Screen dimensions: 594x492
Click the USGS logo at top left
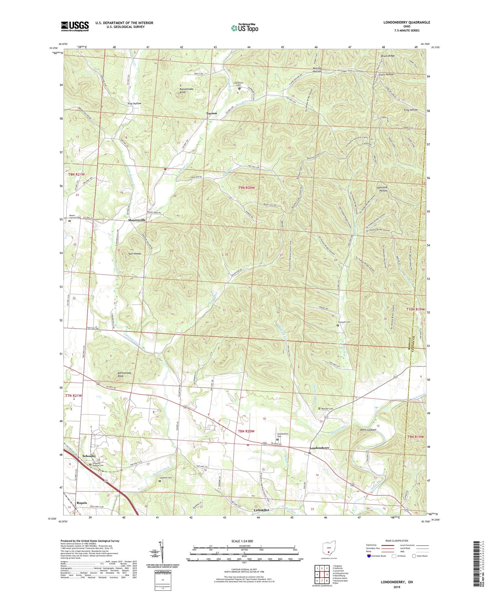coord(75,26)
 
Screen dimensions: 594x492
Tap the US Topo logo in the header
coord(244,28)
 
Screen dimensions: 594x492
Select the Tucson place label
coord(211,113)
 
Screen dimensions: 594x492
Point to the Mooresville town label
coord(137,220)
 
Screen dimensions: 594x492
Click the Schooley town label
coord(89,456)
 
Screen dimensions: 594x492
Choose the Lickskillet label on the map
coord(261,510)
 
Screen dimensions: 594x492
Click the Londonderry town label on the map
coord(319,448)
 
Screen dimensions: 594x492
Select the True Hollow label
coord(134,104)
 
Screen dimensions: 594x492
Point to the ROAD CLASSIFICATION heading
coord(397,541)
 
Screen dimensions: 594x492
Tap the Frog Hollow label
coord(411,110)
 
